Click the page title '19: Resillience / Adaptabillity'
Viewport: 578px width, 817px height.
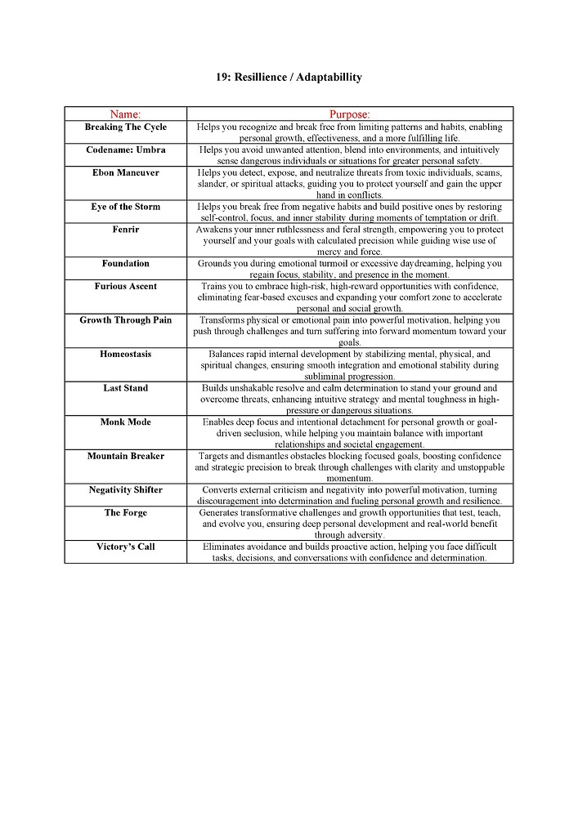(x=289, y=78)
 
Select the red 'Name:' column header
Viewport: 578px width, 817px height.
(x=125, y=114)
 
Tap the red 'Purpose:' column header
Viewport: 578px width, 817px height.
(x=350, y=114)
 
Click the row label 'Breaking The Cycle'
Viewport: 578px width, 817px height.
(x=125, y=127)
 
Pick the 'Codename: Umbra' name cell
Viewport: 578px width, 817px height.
(x=125, y=150)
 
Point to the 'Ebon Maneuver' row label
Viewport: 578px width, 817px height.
(x=125, y=173)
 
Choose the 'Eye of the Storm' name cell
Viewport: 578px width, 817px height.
(x=125, y=207)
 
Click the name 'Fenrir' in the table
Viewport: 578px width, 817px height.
(x=125, y=230)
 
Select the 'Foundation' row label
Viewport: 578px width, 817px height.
(x=125, y=264)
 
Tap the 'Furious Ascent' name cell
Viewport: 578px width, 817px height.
(x=125, y=287)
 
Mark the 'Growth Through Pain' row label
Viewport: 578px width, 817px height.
(x=125, y=320)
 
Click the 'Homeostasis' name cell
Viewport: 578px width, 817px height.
(x=125, y=355)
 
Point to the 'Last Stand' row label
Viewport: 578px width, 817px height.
(x=125, y=388)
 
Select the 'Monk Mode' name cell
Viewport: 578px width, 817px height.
(x=125, y=422)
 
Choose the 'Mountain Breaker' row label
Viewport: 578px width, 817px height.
(x=125, y=456)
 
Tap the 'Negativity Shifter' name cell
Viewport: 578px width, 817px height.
(x=125, y=490)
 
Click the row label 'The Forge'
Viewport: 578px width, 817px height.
(x=125, y=513)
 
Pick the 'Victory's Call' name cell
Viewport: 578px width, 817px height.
(x=125, y=547)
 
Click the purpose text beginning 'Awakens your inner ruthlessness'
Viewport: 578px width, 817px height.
(x=350, y=241)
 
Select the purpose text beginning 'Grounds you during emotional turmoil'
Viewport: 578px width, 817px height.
(x=350, y=269)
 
